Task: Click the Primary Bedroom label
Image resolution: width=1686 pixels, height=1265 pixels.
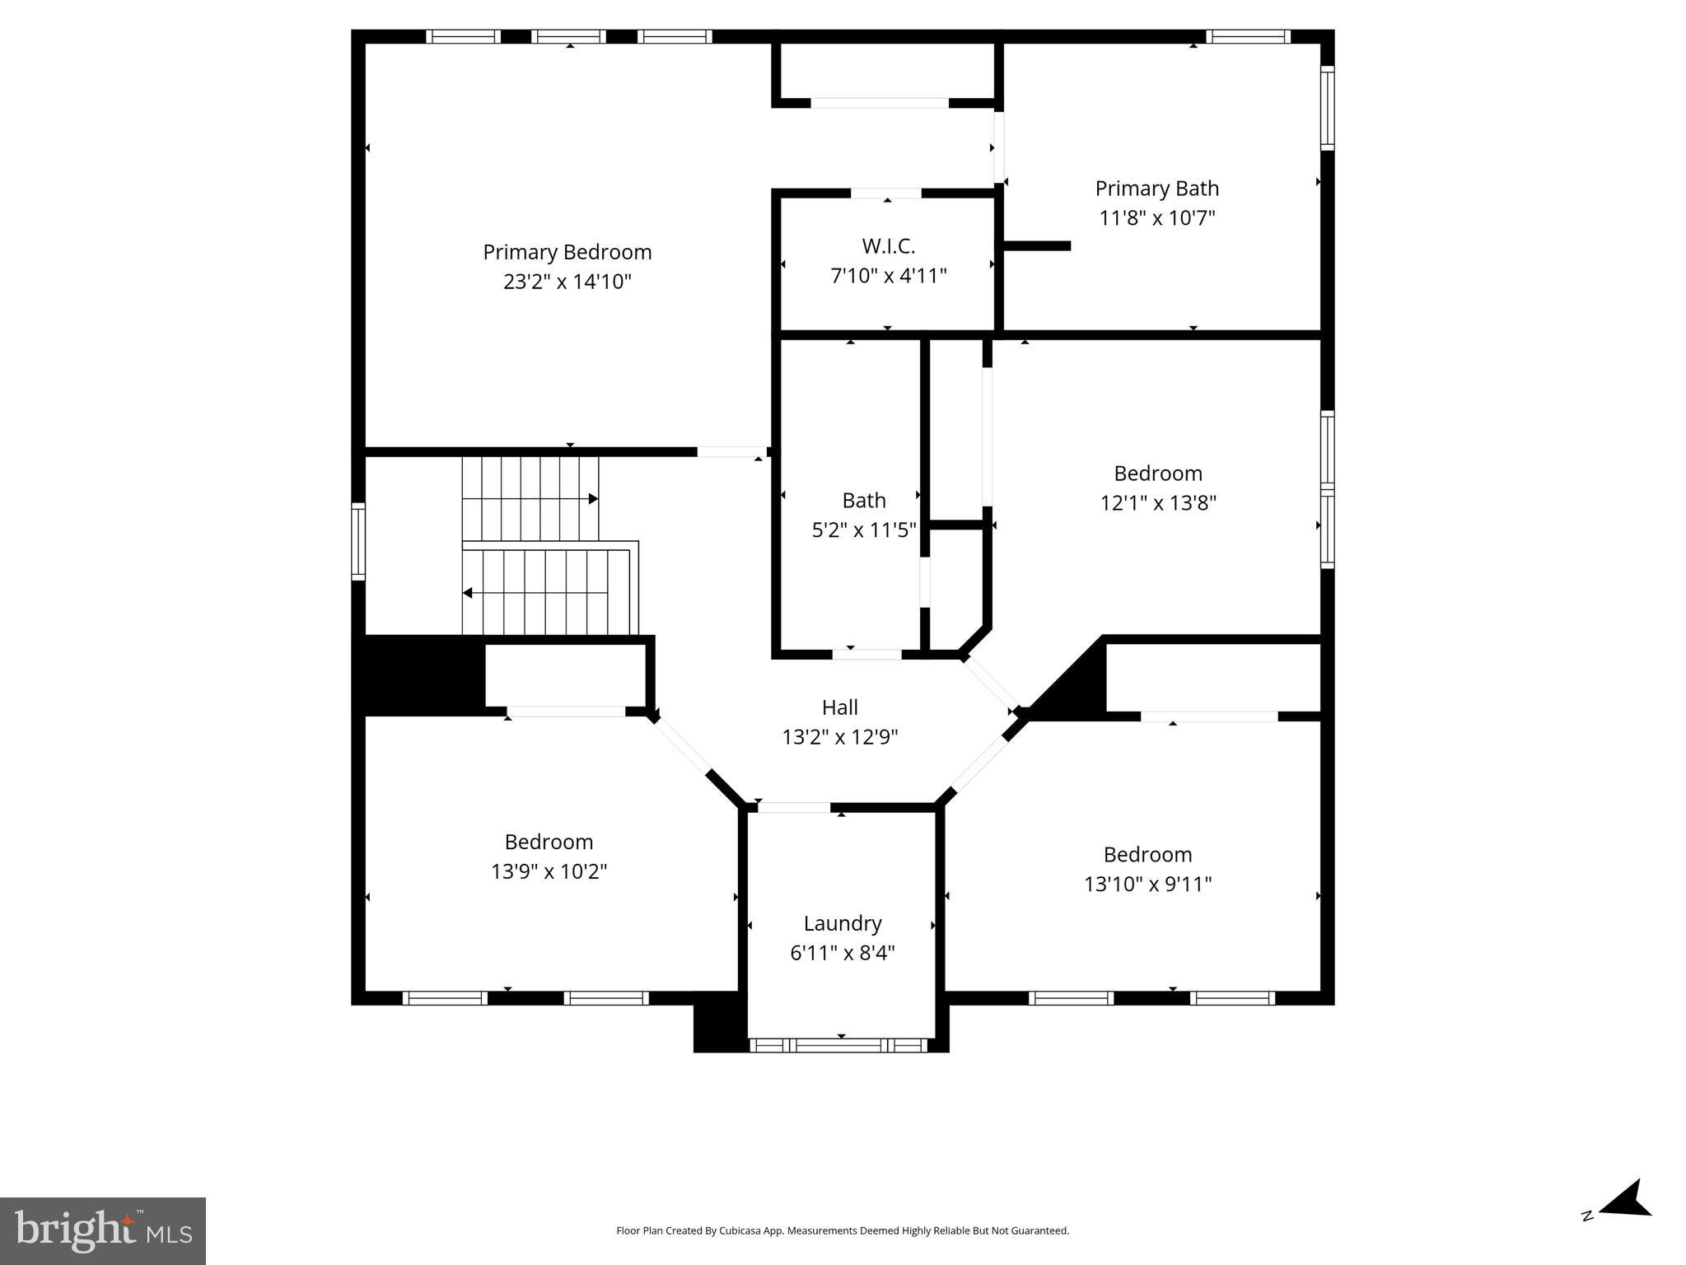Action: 567,252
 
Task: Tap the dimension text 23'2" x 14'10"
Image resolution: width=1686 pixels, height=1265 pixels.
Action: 567,282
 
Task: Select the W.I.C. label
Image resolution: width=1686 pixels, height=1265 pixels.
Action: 888,246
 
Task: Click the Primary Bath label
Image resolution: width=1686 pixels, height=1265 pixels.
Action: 1156,189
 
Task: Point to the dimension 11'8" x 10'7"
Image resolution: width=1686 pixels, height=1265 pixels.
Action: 1156,218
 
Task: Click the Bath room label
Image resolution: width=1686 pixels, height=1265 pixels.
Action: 863,500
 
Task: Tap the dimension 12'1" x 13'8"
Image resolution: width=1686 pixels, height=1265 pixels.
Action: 1157,502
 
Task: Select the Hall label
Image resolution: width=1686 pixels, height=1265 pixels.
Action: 839,707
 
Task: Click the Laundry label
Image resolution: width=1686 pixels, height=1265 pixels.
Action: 842,923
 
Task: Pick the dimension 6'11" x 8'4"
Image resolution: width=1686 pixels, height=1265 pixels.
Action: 842,953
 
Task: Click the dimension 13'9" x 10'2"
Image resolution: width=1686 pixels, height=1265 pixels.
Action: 549,871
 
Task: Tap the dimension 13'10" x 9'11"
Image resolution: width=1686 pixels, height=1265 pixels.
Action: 1147,884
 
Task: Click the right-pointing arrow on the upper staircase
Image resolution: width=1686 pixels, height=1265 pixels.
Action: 592,499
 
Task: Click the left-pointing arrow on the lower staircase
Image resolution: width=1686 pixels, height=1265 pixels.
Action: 468,593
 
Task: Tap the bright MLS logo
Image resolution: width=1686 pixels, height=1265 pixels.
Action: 102,1230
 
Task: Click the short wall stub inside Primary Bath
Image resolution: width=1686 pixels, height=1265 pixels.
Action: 1036,245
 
